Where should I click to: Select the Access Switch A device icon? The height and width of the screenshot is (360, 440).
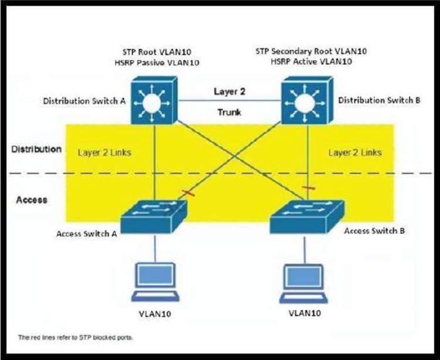click(154, 217)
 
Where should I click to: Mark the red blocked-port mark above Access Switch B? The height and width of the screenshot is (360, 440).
click(306, 188)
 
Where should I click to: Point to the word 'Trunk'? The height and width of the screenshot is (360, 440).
click(229, 112)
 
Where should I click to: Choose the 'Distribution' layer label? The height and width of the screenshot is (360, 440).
click(36, 149)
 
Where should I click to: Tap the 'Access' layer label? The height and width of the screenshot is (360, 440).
click(32, 200)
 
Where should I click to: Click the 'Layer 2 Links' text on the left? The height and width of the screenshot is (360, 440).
click(104, 152)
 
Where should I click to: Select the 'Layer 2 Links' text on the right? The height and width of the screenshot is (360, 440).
click(355, 152)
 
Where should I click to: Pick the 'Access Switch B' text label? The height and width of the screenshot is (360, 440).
click(374, 230)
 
